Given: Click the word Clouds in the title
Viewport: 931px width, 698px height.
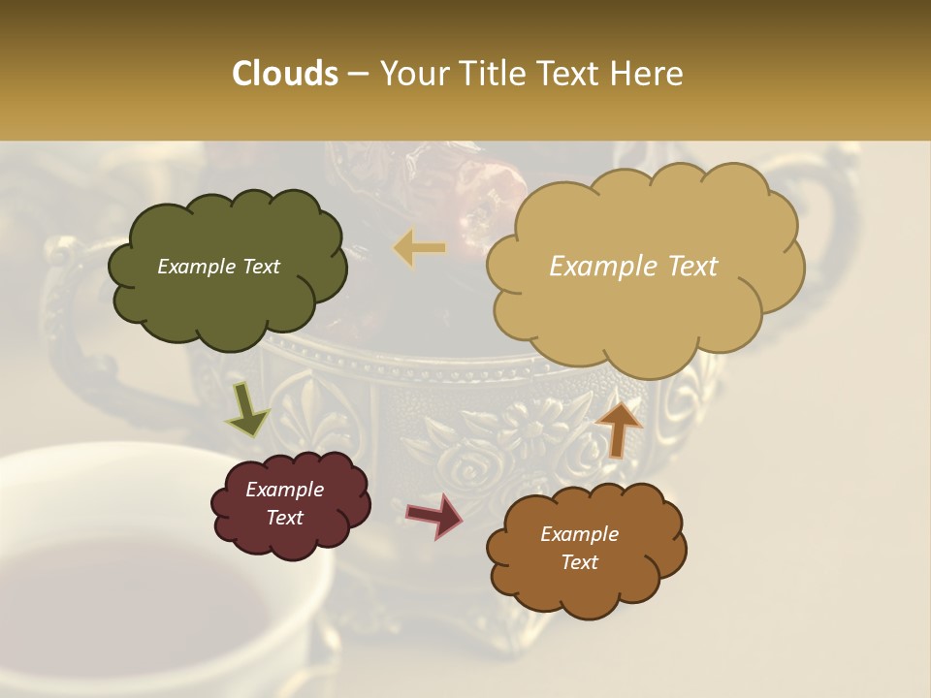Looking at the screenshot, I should click(x=285, y=74).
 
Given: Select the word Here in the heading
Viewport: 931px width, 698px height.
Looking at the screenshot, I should click(x=647, y=74).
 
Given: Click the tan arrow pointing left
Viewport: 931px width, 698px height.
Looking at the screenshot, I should click(x=420, y=248).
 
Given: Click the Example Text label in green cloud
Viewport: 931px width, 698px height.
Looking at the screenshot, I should click(x=218, y=267).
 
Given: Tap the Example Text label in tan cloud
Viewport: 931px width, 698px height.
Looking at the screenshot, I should click(x=633, y=267).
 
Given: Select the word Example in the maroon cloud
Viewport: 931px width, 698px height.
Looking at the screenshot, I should click(x=284, y=490).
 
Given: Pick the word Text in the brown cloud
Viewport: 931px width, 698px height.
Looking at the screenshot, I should click(x=579, y=562).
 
